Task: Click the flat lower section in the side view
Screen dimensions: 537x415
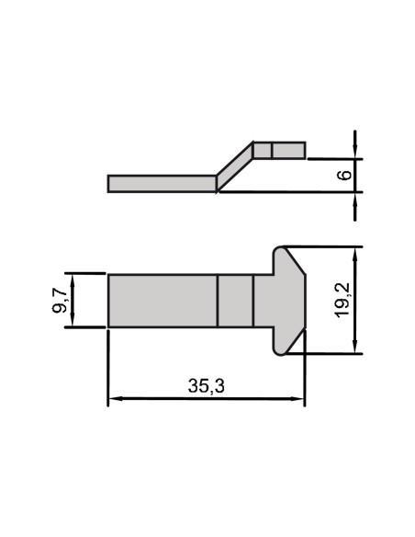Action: (x=162, y=183)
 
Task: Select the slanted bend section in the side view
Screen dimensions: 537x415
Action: (x=234, y=166)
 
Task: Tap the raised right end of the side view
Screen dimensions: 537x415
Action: (x=279, y=149)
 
